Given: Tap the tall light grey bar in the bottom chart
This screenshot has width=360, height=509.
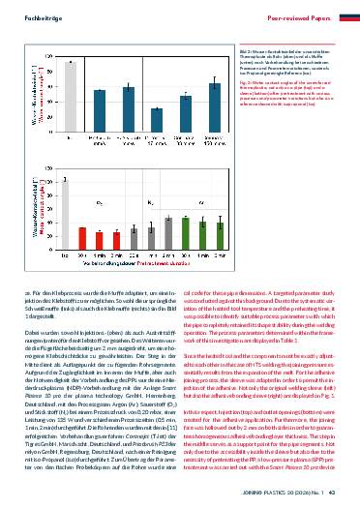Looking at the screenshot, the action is pyautogui.click(x=66, y=224).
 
